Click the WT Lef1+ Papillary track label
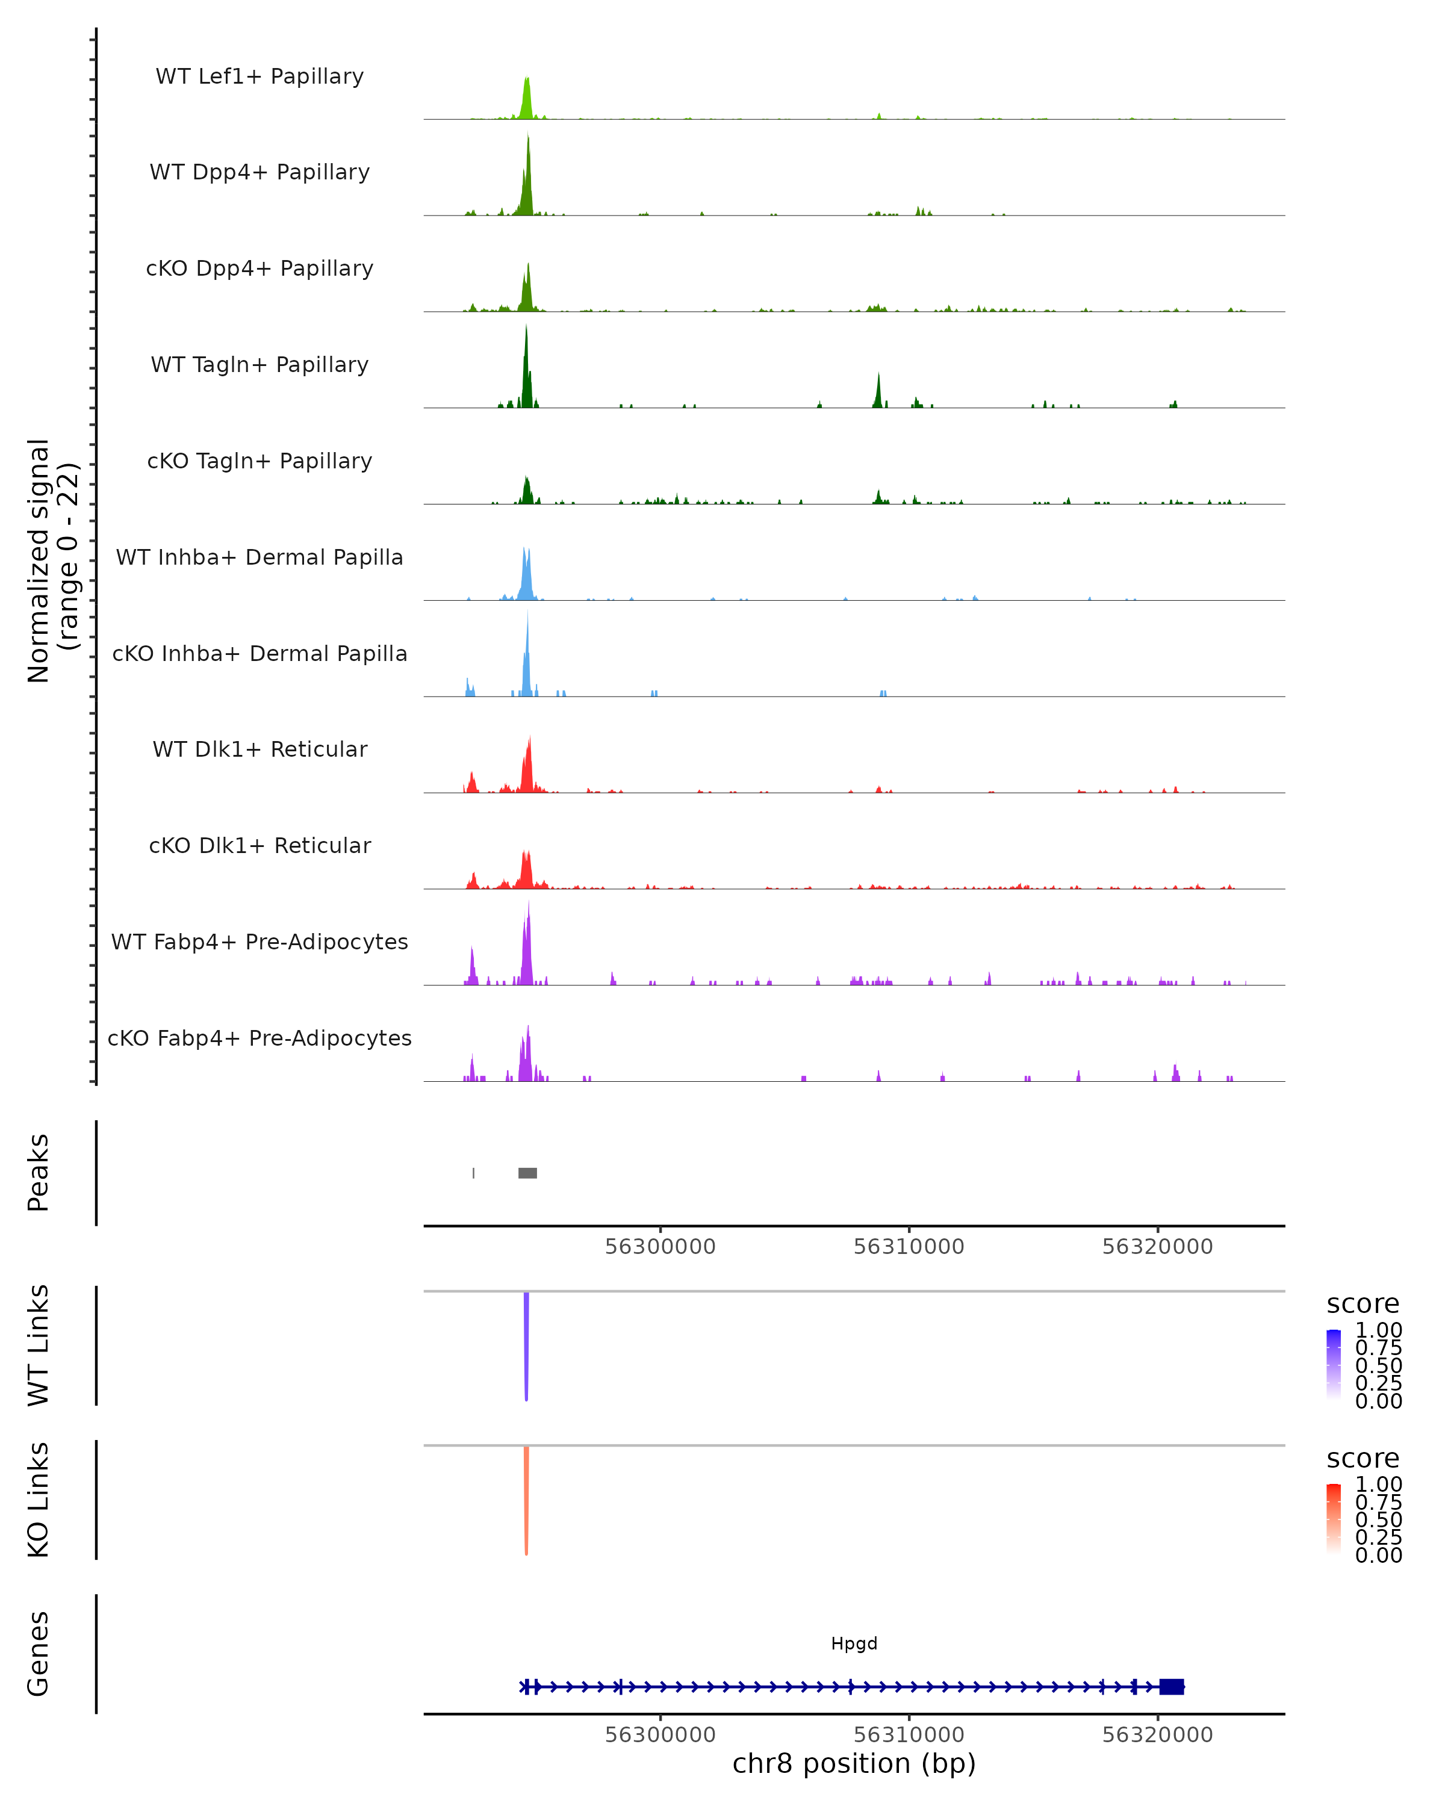point(259,76)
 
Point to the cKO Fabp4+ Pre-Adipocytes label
point(259,1038)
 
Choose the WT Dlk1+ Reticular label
point(259,749)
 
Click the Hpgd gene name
point(854,1643)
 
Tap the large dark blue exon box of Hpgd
point(1171,1686)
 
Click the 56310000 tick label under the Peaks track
point(909,1247)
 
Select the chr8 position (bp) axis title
point(854,1764)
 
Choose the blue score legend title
point(1362,1303)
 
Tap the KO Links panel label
point(39,1500)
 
